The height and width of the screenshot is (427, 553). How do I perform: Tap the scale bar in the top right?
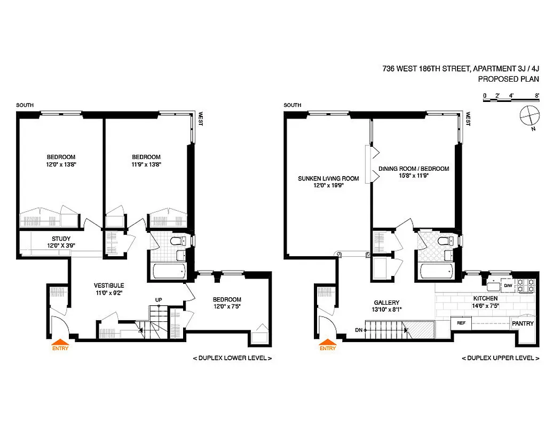[510, 99]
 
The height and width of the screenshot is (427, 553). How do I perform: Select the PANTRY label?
[522, 323]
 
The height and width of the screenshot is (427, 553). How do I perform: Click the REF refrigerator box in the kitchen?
[461, 323]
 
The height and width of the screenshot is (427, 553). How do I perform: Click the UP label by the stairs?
[159, 299]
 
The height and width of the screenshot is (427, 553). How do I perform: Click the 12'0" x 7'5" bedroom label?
[227, 303]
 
